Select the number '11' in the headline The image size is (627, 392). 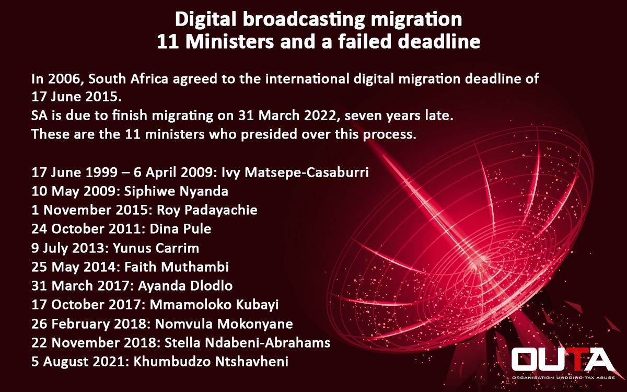click(x=168, y=41)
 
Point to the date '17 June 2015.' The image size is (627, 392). click(x=76, y=97)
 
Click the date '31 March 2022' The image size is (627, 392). click(x=287, y=116)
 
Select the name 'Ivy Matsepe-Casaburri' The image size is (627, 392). click(x=295, y=172)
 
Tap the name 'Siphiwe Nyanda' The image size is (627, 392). click(x=176, y=191)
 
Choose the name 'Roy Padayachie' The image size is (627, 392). click(x=207, y=210)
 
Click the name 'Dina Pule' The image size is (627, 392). click(x=180, y=229)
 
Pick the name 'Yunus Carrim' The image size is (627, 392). click(x=156, y=248)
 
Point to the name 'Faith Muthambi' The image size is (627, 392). click(x=177, y=267)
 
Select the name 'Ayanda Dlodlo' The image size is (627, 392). click(x=185, y=286)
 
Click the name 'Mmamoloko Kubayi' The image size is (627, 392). click(x=214, y=305)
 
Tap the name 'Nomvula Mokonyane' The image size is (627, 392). click(x=224, y=324)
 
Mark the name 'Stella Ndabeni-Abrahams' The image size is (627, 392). click(x=248, y=343)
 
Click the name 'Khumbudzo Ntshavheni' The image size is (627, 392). click(x=211, y=362)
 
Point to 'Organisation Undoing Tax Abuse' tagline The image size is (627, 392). click(x=563, y=378)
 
